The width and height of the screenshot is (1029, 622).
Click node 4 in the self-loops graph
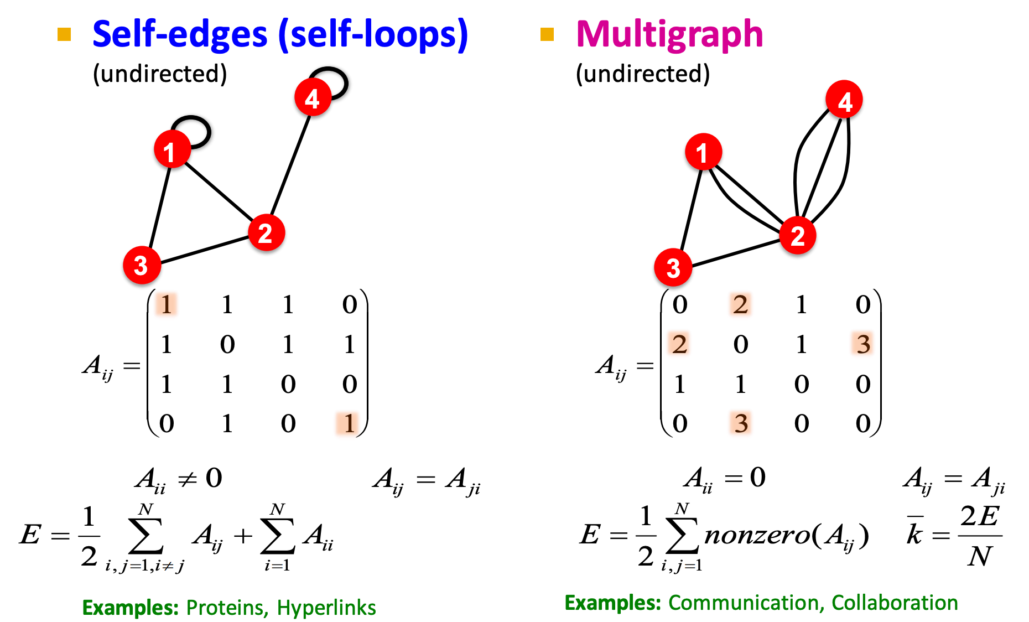pyautogui.click(x=313, y=98)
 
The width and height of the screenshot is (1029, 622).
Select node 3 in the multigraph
pyautogui.click(x=673, y=268)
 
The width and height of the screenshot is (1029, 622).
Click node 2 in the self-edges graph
pyautogui.click(x=266, y=232)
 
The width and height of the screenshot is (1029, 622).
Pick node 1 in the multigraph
pyautogui.click(x=703, y=152)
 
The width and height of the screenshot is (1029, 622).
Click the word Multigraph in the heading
pyautogui.click(x=669, y=34)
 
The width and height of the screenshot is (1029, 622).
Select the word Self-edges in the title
pyautogui.click(x=180, y=34)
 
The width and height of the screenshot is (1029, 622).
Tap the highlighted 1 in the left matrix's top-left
pyautogui.click(x=166, y=304)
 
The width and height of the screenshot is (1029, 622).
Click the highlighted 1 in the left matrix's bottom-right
pyautogui.click(x=349, y=424)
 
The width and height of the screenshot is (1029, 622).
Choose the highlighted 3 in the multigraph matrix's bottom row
pyautogui.click(x=741, y=424)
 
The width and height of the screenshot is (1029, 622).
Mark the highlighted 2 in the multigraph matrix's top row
pyautogui.click(x=740, y=304)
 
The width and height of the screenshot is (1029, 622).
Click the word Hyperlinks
pyautogui.click(x=326, y=608)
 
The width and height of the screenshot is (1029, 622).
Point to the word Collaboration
pyautogui.click(x=895, y=603)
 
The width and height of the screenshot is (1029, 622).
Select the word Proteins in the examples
pyautogui.click(x=224, y=608)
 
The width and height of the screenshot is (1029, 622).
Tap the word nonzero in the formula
pyautogui.click(x=756, y=535)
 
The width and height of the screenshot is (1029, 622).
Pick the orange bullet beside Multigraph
pyautogui.click(x=547, y=34)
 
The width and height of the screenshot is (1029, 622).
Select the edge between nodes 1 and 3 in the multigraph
pyautogui.click(x=691, y=209)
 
